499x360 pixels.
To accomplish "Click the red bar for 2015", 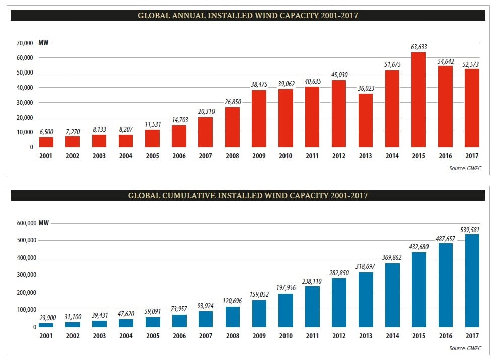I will tap(418, 100).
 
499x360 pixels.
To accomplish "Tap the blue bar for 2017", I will tap(472, 280).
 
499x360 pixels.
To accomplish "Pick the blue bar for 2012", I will tap(339, 303).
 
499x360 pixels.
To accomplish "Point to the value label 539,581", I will tap(472, 230).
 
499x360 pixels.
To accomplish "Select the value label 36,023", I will tap(366, 89).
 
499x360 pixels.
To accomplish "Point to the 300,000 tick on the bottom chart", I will tap(21, 275).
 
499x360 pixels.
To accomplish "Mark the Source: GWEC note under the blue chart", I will tap(465, 348).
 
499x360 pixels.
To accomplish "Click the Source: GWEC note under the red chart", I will tap(465, 168).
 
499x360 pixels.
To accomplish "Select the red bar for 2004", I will tap(126, 141).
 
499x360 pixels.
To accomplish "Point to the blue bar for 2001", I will tap(46, 325).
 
